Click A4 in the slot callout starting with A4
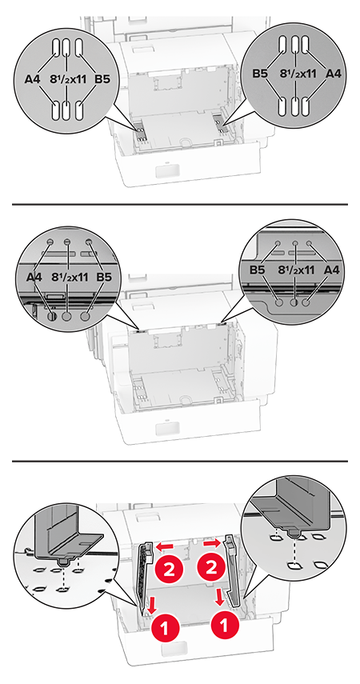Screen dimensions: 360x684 [33, 80]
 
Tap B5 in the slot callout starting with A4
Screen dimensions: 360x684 [103, 80]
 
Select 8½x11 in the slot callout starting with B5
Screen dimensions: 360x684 [297, 74]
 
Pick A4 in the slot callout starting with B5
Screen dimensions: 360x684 [334, 74]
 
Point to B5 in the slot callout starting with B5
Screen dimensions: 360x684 [260, 74]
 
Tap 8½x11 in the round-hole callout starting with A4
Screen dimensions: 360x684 [69, 277]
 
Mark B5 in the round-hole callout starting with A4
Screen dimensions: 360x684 [104, 277]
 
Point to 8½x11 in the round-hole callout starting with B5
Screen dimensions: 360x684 [296, 270]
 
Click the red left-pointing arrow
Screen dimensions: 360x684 [166, 546]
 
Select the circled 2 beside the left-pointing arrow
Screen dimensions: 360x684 [168, 570]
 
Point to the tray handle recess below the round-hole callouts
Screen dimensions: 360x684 [167, 428]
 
